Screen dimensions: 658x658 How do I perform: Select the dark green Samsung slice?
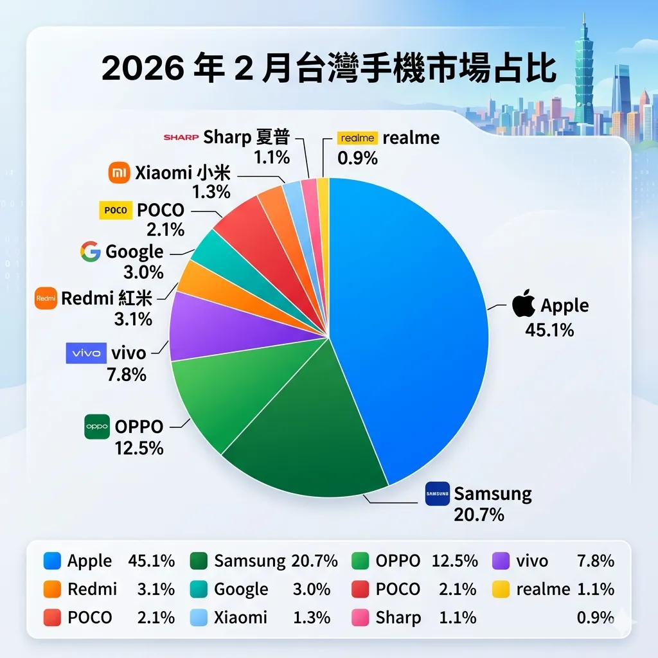pyautogui.click(x=308, y=437)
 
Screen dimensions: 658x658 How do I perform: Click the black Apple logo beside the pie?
pyautogui.click(x=524, y=303)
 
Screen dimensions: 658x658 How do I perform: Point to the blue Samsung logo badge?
pyautogui.click(x=437, y=493)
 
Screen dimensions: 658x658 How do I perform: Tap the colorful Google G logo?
pyautogui.click(x=91, y=251)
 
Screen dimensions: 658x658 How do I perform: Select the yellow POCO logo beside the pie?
pyautogui.click(x=116, y=210)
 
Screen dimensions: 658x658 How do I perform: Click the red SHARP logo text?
pyautogui.click(x=181, y=137)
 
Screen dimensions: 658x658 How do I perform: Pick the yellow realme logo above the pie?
pyautogui.click(x=357, y=138)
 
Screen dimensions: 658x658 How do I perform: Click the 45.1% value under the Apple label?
pyautogui.click(x=549, y=330)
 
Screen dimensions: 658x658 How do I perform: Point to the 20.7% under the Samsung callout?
pyautogui.click(x=479, y=515)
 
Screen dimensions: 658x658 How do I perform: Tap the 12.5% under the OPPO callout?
pyautogui.click(x=139, y=448)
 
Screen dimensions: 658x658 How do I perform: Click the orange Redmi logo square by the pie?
pyautogui.click(x=46, y=298)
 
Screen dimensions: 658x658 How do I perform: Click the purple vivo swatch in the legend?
pyautogui.click(x=501, y=561)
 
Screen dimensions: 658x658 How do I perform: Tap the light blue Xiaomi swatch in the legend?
pyautogui.click(x=200, y=618)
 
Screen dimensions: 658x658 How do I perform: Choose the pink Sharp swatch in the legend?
pyautogui.click(x=362, y=618)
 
